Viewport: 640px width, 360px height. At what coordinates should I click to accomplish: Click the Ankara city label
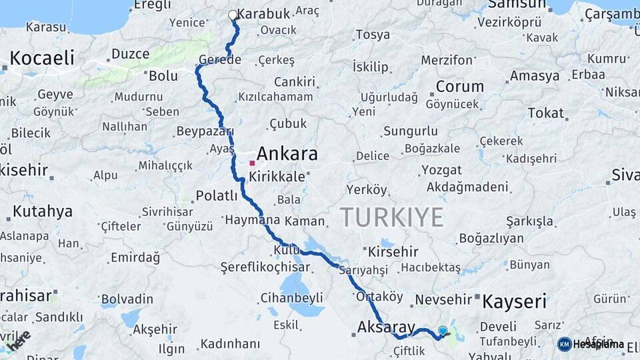287,154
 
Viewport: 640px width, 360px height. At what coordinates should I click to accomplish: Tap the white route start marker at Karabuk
233,15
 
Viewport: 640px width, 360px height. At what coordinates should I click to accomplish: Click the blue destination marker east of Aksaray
443,330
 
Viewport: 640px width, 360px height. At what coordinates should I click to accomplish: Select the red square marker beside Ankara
252,163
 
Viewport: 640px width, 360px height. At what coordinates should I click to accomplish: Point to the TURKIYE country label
392,217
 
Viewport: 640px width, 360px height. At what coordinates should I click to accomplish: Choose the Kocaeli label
42,58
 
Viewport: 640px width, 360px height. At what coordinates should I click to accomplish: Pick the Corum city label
459,87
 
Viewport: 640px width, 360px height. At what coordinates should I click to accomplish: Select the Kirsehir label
393,251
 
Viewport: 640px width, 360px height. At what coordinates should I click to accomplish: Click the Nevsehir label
443,300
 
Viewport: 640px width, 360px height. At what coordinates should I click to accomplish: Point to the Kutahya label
43,212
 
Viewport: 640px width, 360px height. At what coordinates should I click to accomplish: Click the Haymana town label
253,219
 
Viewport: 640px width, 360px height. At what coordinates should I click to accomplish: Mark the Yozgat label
441,170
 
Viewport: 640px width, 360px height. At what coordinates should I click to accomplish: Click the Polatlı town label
217,195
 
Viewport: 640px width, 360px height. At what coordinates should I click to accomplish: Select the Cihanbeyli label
292,297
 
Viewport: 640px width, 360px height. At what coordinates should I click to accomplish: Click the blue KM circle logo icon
565,344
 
